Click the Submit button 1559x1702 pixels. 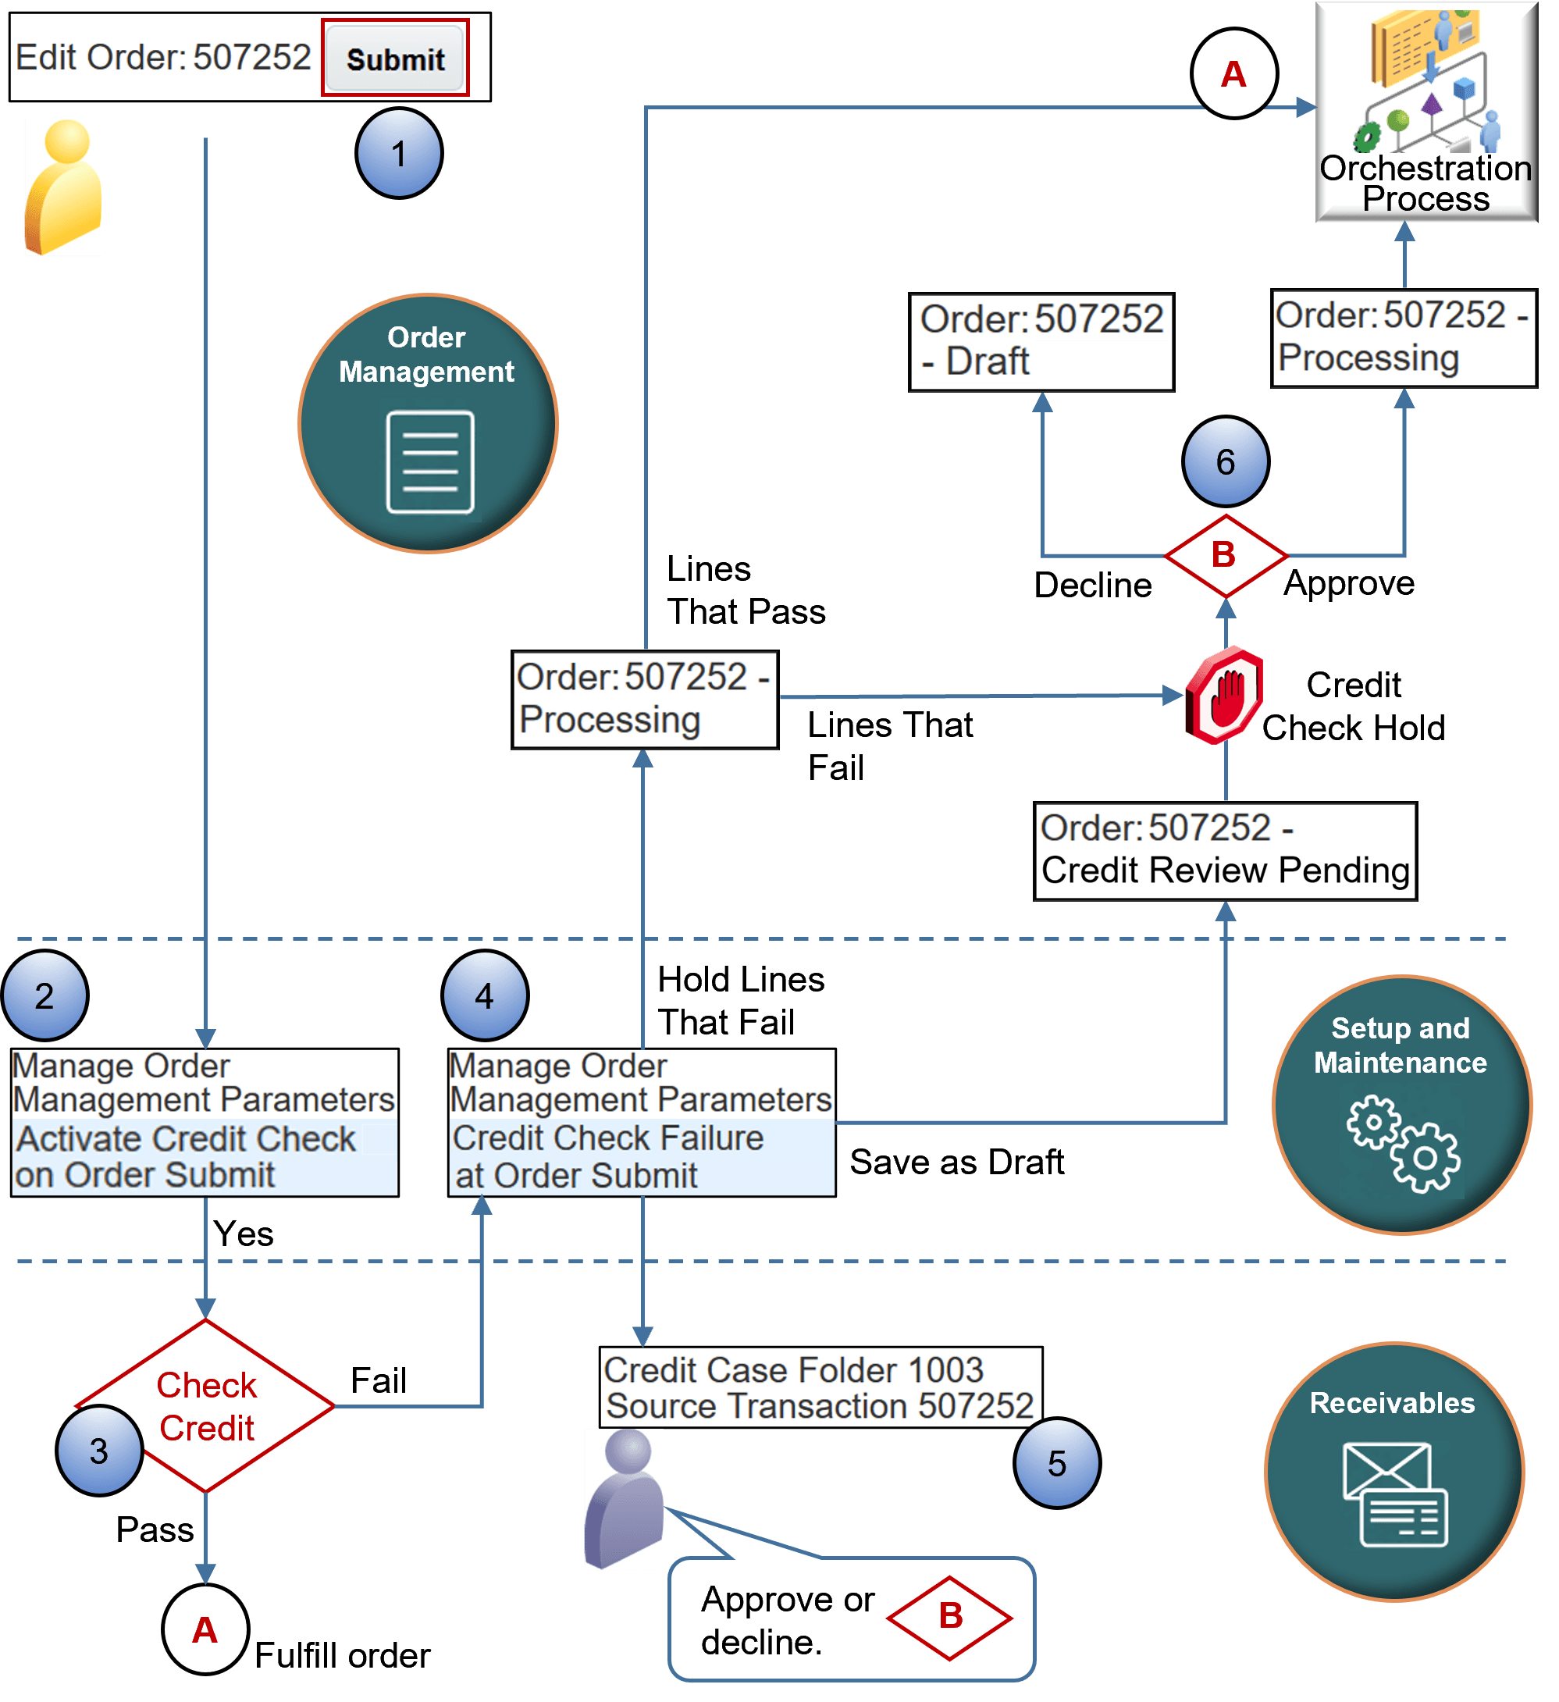(x=395, y=59)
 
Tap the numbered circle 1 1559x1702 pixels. (x=398, y=154)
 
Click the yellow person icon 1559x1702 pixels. (x=62, y=187)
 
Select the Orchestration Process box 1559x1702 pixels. (x=1426, y=112)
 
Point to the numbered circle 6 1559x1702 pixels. (x=1225, y=461)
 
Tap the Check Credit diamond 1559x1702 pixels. (x=206, y=1405)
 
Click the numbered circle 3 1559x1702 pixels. (x=99, y=1451)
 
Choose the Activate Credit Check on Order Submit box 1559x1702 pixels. (x=205, y=1122)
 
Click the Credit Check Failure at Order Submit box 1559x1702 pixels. (x=642, y=1122)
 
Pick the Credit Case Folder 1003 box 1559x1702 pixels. (x=820, y=1387)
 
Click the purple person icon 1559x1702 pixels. (x=623, y=1498)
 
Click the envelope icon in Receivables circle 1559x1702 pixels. (x=1394, y=1494)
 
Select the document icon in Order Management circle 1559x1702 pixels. (x=429, y=461)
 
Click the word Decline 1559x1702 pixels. (x=1092, y=585)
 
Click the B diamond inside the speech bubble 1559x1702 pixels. (x=949, y=1617)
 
